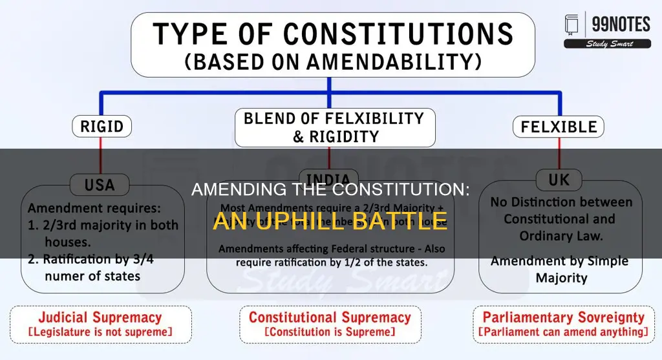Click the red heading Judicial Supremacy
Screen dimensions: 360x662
[x=100, y=317]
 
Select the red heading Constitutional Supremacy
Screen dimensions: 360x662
[x=330, y=317]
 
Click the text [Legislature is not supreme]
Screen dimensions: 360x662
[x=100, y=332]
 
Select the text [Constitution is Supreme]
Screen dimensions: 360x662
[x=330, y=332]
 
